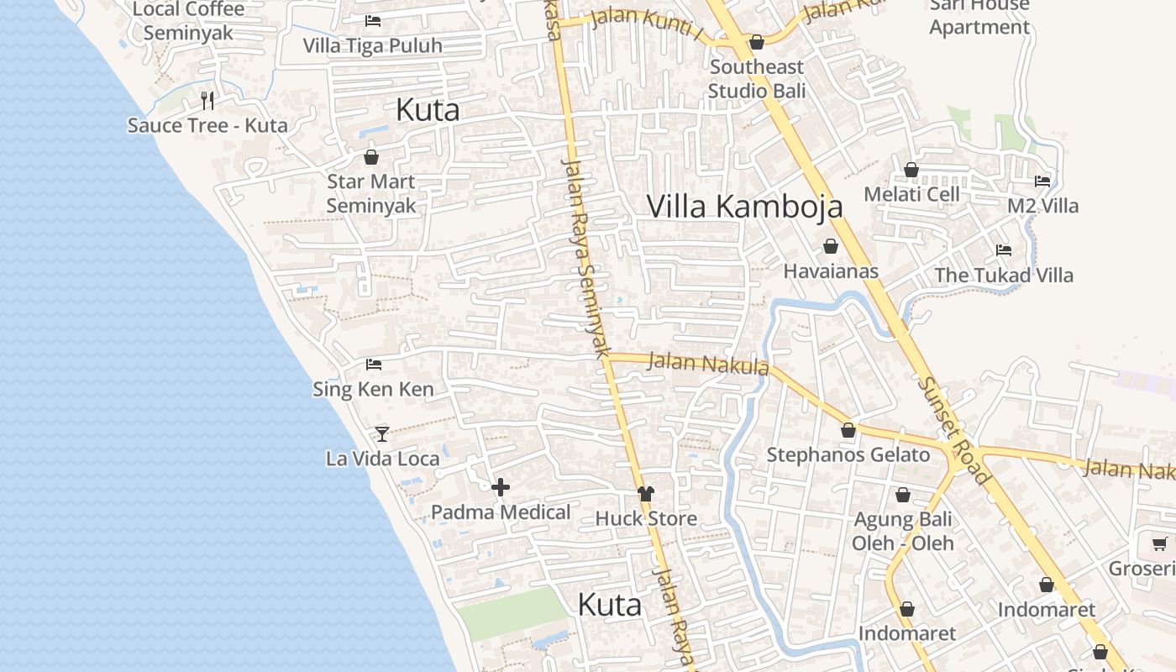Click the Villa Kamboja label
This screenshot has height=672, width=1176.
[744, 206]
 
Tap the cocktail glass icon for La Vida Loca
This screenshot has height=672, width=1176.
[382, 433]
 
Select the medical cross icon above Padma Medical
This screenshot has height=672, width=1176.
[501, 487]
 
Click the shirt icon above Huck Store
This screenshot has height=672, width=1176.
[645, 494]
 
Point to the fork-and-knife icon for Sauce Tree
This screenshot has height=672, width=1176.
[207, 101]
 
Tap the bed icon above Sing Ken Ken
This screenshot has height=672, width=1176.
[374, 365]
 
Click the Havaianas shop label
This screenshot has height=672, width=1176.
[831, 270]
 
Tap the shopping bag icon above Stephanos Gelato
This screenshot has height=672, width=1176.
[848, 430]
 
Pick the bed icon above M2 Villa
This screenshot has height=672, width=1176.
[1042, 181]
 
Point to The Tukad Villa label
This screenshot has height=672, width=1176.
[1004, 275]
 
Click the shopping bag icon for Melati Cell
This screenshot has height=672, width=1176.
[911, 171]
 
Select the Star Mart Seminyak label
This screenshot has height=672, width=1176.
[371, 193]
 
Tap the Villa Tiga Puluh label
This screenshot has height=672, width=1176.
[372, 45]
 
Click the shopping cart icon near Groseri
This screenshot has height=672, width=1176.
[1159, 544]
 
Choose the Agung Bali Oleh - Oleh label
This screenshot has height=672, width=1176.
[903, 531]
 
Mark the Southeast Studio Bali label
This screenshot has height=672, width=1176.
[757, 78]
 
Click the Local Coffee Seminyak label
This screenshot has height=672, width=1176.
[189, 21]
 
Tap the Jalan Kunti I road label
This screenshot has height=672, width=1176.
[647, 24]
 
